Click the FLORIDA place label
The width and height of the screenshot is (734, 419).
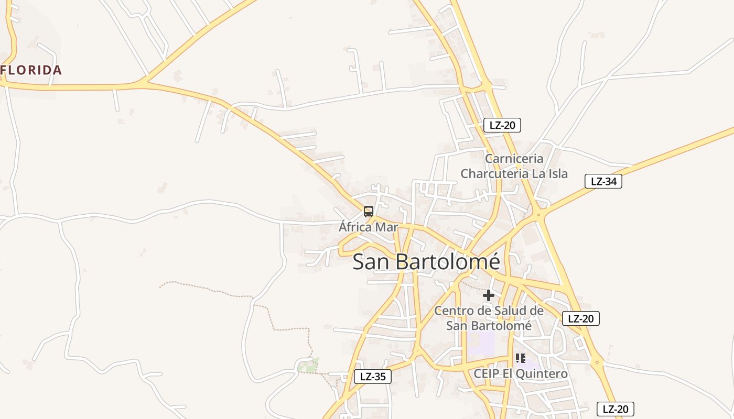31,70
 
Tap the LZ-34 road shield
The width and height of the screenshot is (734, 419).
603,182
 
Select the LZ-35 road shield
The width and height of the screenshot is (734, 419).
373,376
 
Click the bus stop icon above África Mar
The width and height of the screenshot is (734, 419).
369,212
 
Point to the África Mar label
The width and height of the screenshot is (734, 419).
368,227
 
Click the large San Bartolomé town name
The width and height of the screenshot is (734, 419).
426,262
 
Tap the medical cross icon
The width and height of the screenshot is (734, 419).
489,295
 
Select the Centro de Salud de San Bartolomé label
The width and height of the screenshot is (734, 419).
489,318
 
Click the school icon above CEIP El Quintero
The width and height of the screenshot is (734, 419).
520,358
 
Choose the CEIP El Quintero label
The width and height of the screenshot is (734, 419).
520,373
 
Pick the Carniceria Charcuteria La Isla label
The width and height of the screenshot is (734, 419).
514,166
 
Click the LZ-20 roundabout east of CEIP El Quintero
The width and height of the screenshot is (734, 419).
597,362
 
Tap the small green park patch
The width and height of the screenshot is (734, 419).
308,365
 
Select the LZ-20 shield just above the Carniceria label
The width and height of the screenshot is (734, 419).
502,125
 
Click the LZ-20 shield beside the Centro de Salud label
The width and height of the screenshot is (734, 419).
580,318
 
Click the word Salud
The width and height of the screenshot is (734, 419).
505,311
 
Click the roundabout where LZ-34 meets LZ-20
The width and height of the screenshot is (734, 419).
538,214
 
